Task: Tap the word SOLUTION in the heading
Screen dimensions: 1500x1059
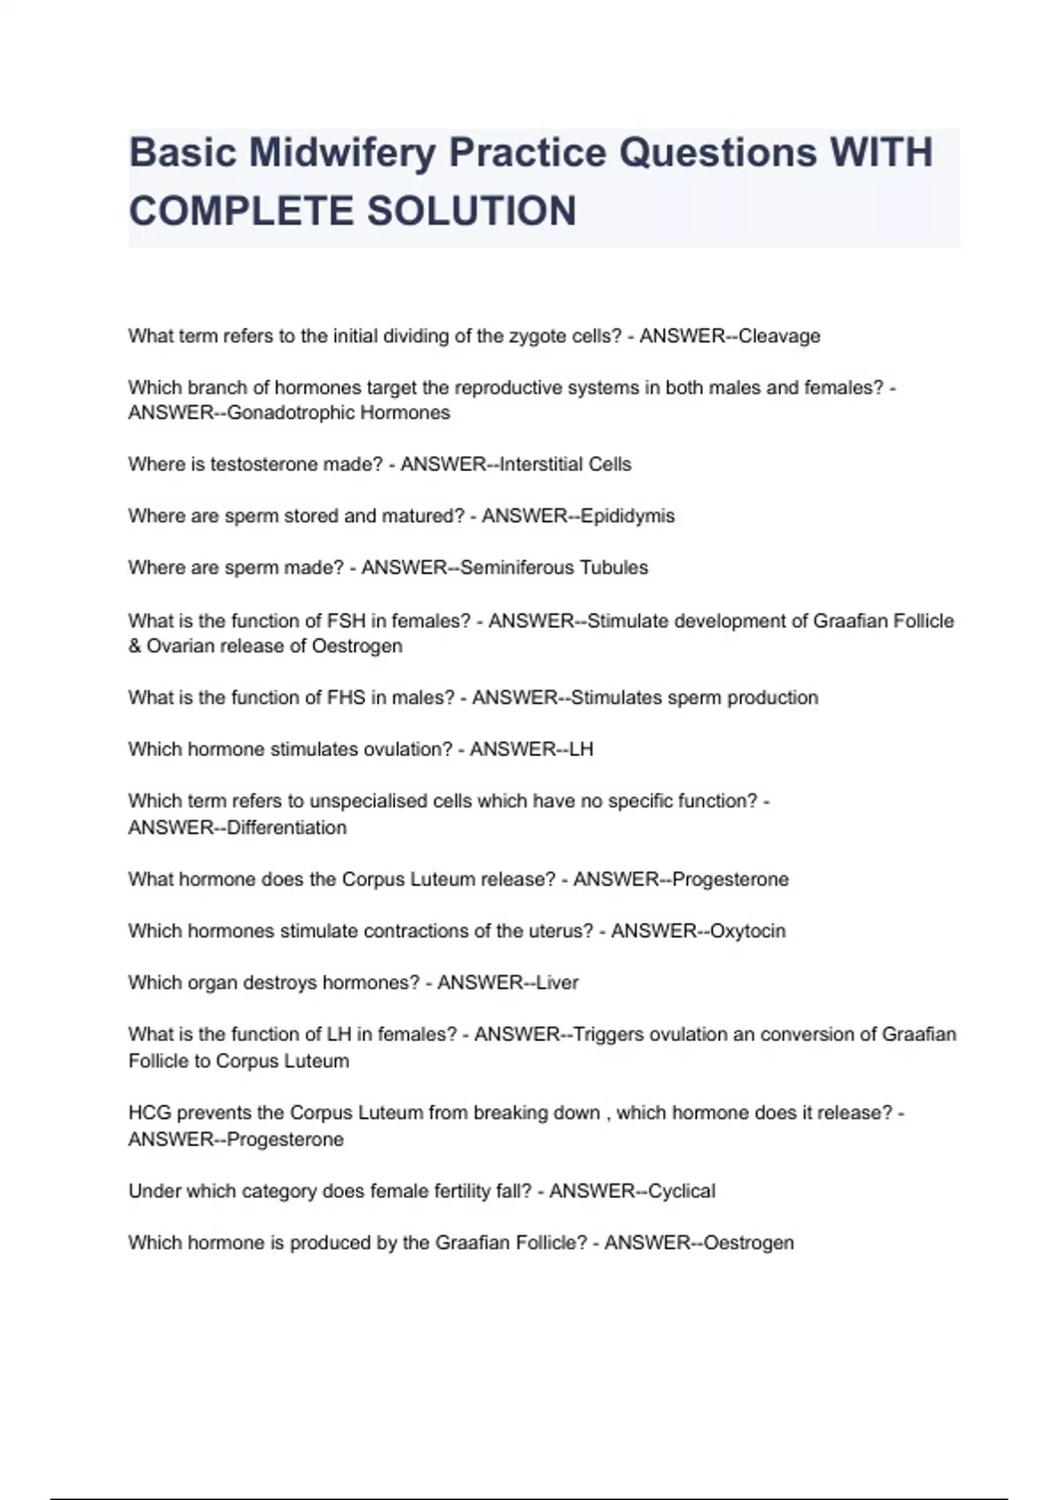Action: point(471,212)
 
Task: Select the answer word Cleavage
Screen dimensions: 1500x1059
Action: point(779,336)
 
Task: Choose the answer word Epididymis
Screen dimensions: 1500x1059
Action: point(627,516)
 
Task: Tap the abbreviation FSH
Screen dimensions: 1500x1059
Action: point(346,621)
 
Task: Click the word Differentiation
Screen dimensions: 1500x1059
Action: point(287,828)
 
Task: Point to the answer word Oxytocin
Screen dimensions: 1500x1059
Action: point(747,931)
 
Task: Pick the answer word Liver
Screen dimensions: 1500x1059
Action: point(558,983)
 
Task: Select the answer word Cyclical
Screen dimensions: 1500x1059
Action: point(681,1191)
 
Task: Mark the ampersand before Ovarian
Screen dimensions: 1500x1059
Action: point(135,646)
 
